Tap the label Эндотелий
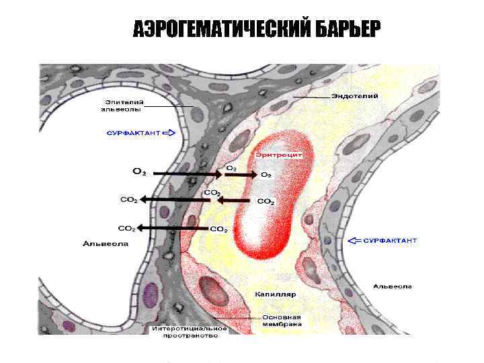(x=354, y=96)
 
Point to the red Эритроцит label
(x=277, y=154)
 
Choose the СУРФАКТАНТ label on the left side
(x=133, y=133)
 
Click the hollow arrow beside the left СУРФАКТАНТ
(x=169, y=133)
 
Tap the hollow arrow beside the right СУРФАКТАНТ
(x=355, y=240)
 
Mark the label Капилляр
(x=276, y=294)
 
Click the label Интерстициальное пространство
(x=190, y=332)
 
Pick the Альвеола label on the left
(x=106, y=243)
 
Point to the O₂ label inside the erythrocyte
(x=266, y=175)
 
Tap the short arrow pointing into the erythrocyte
(x=241, y=173)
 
